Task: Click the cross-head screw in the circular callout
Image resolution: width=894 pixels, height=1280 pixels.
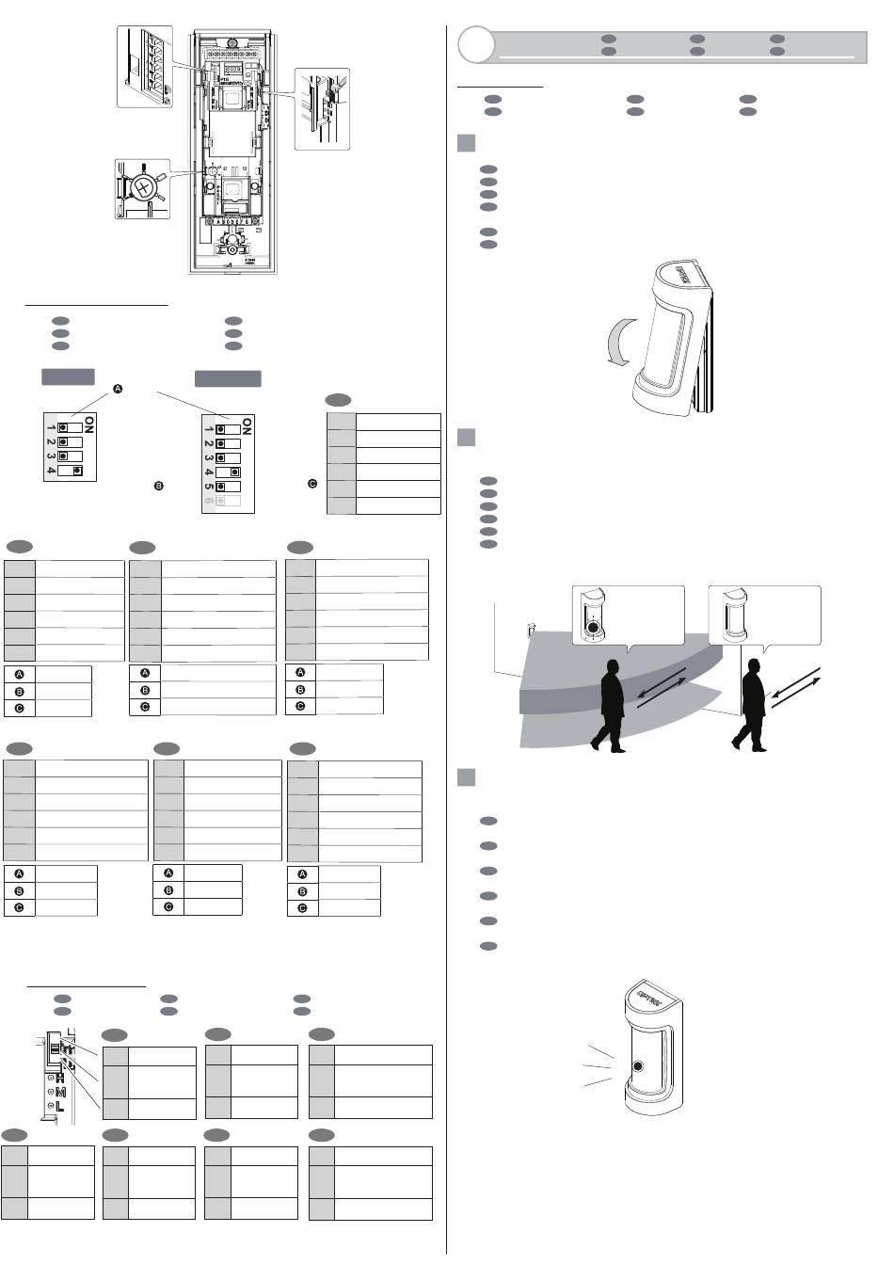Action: [x=143, y=187]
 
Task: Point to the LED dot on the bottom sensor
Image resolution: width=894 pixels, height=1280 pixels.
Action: [x=639, y=1068]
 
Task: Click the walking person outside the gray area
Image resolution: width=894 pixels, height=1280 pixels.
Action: [x=752, y=705]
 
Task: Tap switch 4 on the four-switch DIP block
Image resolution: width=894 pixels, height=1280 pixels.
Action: [x=69, y=470]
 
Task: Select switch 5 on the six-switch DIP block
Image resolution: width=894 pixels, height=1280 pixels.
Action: [x=227, y=487]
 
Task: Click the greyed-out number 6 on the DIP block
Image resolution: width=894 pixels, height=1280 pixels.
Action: [x=208, y=503]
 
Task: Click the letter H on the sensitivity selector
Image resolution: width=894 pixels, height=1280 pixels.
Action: [x=61, y=1077]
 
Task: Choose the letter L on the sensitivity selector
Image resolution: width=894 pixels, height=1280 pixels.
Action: [x=60, y=1106]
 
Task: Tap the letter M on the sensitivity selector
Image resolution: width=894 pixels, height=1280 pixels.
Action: [x=60, y=1092]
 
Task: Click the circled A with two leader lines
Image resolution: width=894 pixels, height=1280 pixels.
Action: [x=118, y=389]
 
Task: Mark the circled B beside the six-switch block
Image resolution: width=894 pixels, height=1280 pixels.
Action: [x=159, y=486]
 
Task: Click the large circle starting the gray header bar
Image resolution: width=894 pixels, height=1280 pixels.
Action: [x=475, y=43]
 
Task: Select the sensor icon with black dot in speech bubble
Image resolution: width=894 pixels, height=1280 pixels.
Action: [x=594, y=616]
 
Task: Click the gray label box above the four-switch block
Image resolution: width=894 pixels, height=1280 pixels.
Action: [x=68, y=376]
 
